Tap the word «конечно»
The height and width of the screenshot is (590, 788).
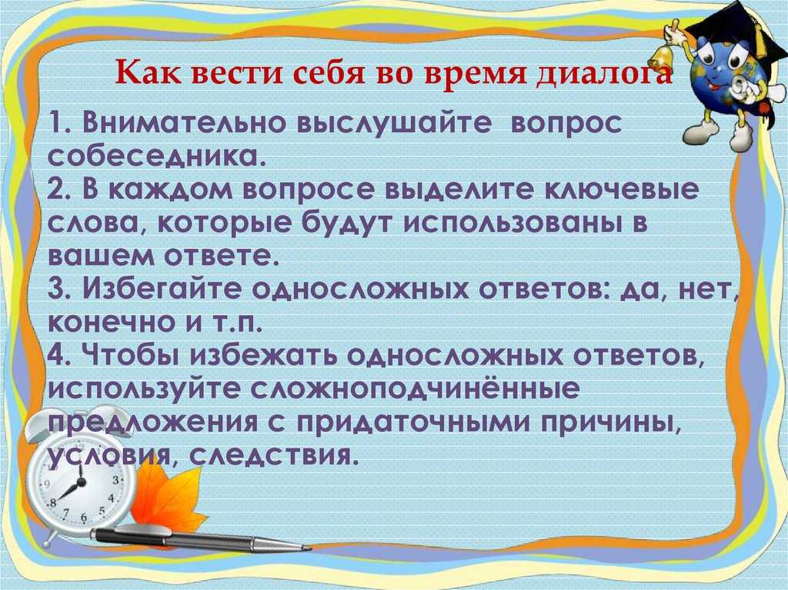pyautogui.click(x=106, y=323)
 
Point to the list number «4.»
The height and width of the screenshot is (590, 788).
pyautogui.click(x=60, y=356)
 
